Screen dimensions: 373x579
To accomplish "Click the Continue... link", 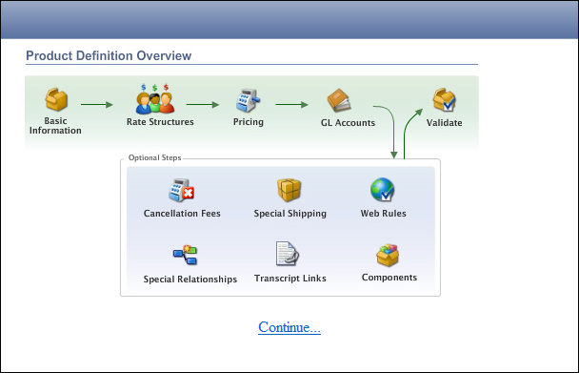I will click(289, 328).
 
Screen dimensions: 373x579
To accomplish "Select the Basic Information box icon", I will click(55, 100).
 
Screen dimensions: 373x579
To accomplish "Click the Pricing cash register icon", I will click(248, 100).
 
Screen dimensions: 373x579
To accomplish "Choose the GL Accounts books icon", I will click(340, 100).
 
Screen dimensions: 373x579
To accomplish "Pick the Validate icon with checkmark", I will click(445, 100).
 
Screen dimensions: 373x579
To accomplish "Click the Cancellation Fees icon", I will click(182, 190).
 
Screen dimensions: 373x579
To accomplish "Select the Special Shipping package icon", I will click(289, 190).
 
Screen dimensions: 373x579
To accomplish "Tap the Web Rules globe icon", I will click(382, 190).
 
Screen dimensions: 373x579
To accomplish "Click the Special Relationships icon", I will click(185, 255).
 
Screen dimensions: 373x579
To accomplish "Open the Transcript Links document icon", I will click(288, 255).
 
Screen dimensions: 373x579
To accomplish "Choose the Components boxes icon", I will click(389, 255).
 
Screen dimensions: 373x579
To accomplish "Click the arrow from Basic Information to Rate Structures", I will click(97, 103).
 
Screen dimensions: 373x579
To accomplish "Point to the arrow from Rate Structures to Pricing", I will click(203, 103).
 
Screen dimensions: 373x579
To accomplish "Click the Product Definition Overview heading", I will click(109, 56).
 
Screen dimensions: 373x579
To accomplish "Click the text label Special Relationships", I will click(190, 280).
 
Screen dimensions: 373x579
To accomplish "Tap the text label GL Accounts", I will click(348, 123).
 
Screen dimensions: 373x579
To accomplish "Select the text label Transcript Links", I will click(290, 279).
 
